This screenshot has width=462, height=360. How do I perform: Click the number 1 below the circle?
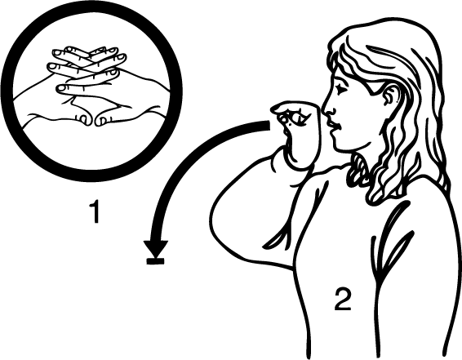pos(96,211)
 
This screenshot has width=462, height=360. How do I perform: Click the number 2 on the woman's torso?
pos(343,299)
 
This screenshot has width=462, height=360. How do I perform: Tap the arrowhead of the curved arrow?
pos(156,248)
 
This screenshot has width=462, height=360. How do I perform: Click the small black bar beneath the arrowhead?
pos(155,260)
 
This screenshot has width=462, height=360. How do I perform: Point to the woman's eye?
pos(341,87)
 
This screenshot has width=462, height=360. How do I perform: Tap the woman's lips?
pos(335,125)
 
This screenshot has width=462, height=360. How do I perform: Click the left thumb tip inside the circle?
pos(86,119)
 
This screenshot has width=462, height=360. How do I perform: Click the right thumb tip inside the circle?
pos(101,120)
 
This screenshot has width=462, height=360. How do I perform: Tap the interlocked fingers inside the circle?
pos(87,70)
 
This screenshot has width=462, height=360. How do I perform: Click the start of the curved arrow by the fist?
pos(269,125)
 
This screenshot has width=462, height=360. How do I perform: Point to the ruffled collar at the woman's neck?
pos(358,171)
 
